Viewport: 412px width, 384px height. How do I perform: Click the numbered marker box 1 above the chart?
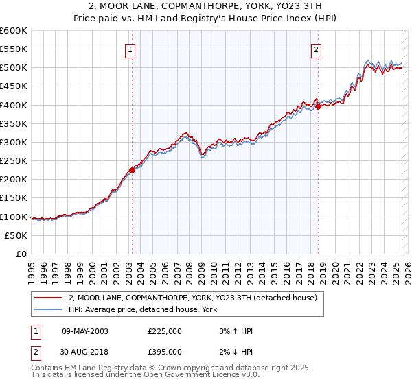[130, 49]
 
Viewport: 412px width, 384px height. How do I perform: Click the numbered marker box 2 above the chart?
[317, 49]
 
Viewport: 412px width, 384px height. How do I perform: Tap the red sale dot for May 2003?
[132, 170]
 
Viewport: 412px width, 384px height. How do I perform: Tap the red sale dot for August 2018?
[318, 106]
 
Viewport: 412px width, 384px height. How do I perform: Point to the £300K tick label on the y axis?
[14, 142]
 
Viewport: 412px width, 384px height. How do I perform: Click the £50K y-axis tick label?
[16, 235]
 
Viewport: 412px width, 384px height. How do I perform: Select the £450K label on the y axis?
[14, 86]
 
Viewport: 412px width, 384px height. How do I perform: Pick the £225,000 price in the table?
[164, 331]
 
